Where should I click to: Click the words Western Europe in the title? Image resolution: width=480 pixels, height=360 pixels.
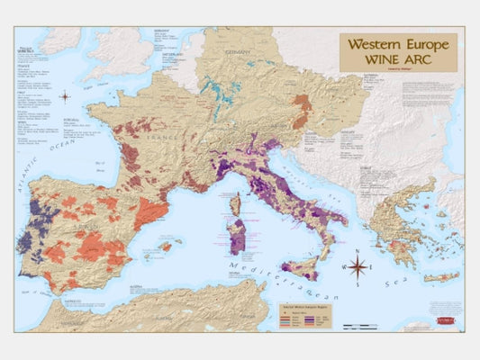tap(397, 44)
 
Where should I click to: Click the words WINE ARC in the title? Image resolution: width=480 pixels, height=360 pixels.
tap(397, 58)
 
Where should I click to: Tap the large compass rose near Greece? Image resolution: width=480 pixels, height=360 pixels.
tap(358, 266)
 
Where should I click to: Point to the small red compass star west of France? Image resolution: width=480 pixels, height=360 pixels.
tap(65, 96)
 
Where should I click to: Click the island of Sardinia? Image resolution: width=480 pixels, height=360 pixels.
tap(238, 235)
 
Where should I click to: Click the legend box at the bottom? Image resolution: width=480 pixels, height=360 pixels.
tap(309, 314)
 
